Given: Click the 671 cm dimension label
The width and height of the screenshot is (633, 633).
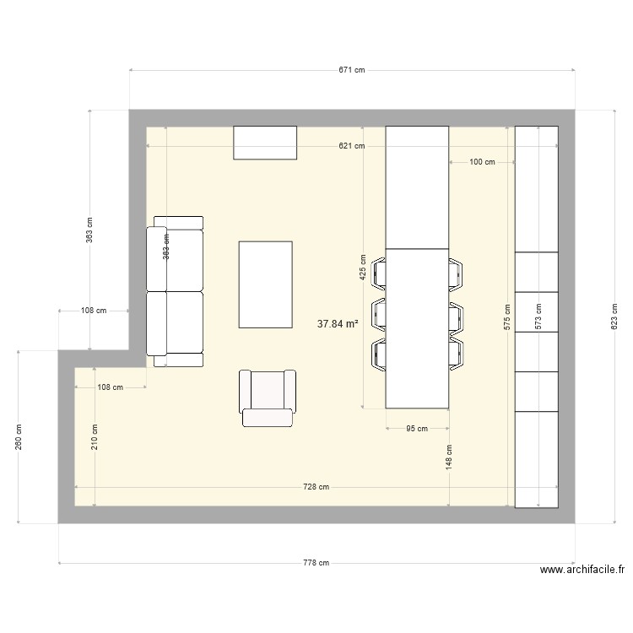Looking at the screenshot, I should pos(352,71).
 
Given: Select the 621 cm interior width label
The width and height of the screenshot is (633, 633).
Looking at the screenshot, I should pos(352,146).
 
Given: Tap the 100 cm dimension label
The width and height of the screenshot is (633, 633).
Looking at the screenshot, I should pos(482,162).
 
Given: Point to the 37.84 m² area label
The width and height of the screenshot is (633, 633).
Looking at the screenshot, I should pos(338,322).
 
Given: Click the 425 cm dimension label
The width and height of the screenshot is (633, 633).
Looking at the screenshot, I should pos(363,268).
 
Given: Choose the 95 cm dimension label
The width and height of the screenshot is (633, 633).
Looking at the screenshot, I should pos(417,429).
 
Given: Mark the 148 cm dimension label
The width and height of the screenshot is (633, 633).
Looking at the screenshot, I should pos(449,457).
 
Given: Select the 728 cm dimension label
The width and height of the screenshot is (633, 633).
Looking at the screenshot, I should pos(316,487).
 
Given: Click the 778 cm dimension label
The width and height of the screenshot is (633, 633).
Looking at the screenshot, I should pos(316,563).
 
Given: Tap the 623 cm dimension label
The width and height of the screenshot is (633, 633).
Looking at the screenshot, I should pos(614,316).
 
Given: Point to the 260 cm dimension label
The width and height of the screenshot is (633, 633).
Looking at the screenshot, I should pos(19,436).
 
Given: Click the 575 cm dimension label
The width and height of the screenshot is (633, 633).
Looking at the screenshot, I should pos(507,316).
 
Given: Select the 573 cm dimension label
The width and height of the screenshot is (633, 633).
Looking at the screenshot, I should pos(538,316).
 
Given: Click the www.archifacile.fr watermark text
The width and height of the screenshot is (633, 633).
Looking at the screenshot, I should pos(582,570).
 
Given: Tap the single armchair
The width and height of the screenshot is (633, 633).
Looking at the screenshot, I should pos(268,397).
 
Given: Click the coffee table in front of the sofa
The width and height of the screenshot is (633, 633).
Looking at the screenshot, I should pos(266,284).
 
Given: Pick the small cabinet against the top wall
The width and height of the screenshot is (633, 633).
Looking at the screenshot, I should pos(265,142).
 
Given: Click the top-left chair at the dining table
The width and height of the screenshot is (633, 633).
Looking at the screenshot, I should pos(379,273).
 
